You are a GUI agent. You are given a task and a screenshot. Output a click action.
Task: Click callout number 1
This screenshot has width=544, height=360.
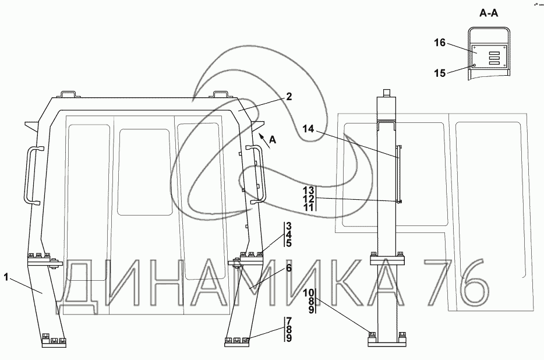[6, 277]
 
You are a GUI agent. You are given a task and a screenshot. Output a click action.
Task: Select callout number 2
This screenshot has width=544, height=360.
[288, 98]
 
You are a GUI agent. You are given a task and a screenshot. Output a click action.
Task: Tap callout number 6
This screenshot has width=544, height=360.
[288, 269]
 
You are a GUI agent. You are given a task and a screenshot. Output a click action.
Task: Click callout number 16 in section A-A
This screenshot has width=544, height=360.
[440, 43]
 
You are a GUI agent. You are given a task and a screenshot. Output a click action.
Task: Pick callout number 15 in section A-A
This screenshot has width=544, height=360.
[440, 73]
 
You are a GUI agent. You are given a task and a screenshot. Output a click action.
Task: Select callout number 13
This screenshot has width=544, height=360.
[309, 190]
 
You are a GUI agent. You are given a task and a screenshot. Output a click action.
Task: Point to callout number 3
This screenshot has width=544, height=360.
[288, 226]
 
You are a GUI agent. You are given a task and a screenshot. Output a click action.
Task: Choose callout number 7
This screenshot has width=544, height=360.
[288, 321]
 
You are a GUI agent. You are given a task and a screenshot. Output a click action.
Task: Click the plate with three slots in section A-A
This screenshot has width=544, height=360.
[488, 58]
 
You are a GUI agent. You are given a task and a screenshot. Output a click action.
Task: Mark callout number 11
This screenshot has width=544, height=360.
[309, 207]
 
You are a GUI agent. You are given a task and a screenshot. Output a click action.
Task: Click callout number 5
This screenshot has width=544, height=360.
[288, 243]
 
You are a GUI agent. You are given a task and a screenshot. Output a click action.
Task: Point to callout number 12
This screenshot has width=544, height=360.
[309, 199]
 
